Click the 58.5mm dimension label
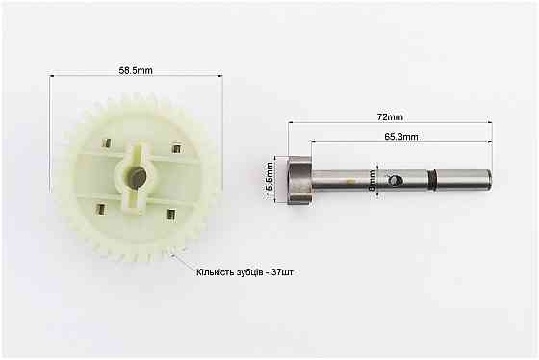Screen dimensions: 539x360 coord(136,70)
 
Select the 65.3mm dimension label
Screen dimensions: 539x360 coord(401,137)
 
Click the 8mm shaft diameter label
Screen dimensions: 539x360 coord(372,180)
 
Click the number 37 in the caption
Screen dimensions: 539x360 coord(276,272)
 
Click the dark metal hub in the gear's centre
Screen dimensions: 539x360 coord(137,177)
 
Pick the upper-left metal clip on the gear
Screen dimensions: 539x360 coord(106,142)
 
